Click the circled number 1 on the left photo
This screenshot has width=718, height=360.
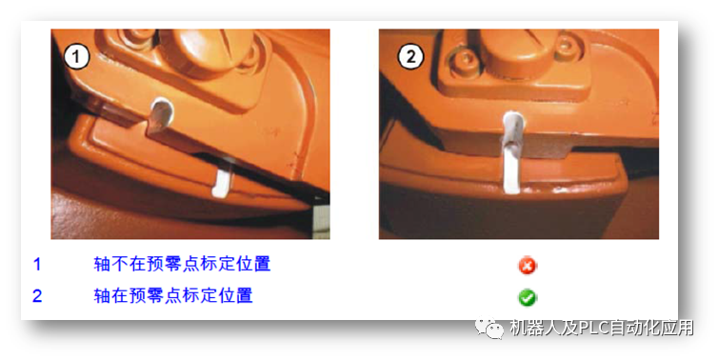(x=76, y=57)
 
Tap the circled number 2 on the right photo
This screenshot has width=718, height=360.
(x=410, y=57)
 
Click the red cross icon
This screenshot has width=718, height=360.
(x=527, y=265)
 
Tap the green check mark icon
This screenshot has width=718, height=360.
(x=527, y=297)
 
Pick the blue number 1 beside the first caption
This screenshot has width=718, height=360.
(x=37, y=264)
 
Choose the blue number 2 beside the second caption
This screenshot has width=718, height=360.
(x=37, y=295)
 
